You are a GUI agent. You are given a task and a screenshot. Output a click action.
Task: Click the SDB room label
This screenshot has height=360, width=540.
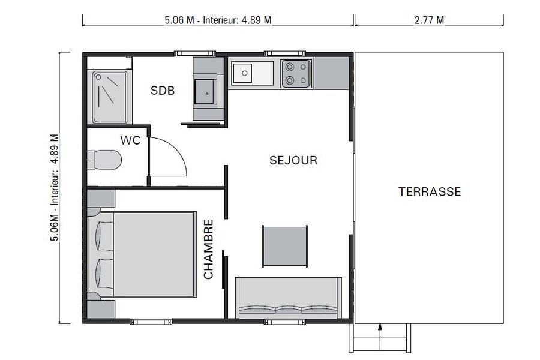162,91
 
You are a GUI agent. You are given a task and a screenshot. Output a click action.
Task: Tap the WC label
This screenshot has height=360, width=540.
130,140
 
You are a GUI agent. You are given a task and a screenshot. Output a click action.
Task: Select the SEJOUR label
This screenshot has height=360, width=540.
293,161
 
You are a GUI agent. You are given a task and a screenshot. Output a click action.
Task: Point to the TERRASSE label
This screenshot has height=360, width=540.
430,192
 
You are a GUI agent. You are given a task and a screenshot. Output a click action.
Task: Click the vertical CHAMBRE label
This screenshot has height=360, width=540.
209,249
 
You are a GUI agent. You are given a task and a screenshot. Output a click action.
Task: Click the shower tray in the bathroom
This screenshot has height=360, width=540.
109,97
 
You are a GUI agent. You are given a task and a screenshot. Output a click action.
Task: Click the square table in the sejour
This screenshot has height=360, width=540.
285,245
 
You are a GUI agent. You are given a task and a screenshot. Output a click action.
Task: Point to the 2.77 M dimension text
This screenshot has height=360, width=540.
429,20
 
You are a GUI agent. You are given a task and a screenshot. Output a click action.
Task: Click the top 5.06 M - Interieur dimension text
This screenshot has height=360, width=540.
218,20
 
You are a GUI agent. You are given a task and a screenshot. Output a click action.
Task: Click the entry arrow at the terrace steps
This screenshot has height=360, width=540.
380,328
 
